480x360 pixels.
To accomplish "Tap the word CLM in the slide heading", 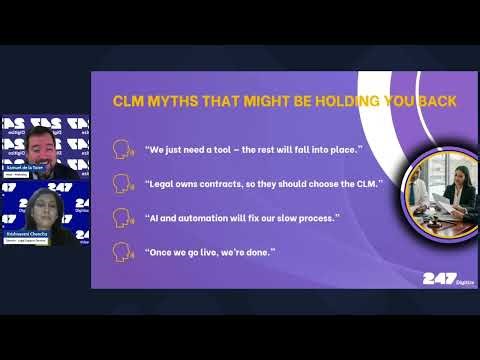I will (x=130, y=101).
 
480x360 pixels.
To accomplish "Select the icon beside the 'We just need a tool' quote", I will (x=123, y=151).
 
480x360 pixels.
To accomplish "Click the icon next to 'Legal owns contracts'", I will (x=123, y=183).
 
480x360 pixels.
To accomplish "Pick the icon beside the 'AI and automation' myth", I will (x=123, y=216).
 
